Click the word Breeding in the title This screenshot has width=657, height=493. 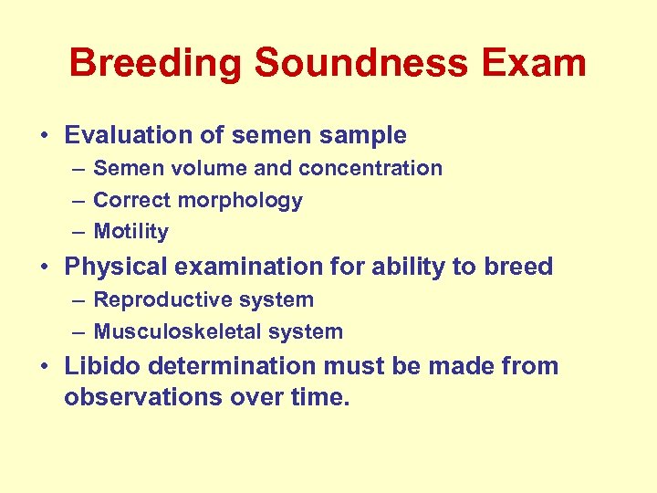pos(156,64)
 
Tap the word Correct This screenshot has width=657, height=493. pos(128,200)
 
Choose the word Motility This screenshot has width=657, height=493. pos(130,233)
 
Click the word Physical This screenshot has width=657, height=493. pos(109,267)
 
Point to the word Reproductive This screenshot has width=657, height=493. pos(158,299)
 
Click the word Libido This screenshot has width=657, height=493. pos(96,366)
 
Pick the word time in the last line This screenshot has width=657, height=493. pos(323,397)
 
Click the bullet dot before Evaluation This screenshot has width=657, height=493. pos(45,136)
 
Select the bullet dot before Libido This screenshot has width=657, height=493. pos(45,367)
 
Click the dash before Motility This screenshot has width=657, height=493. pos(79,233)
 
